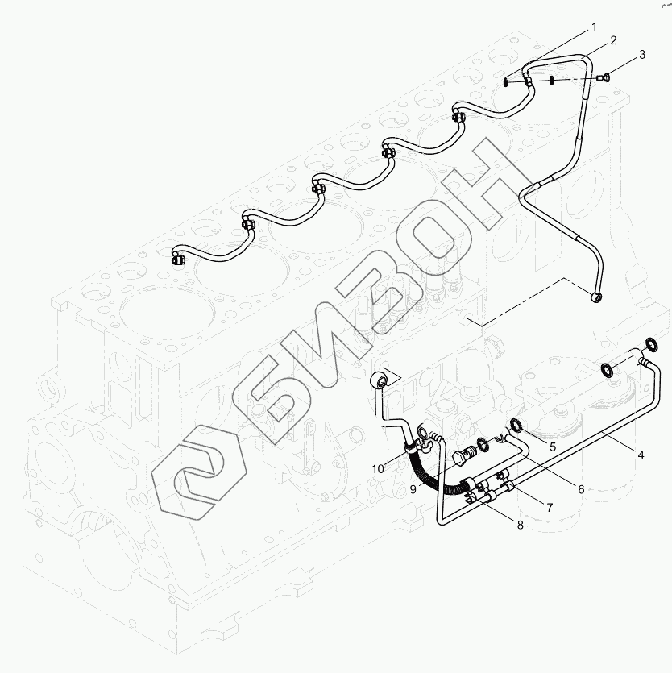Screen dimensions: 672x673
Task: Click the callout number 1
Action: pos(594,27)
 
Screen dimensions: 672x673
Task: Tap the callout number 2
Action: pos(613,39)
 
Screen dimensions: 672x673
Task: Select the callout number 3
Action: pos(642,55)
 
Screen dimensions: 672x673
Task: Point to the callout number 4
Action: pos(641,455)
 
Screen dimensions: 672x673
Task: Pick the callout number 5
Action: pos(553,446)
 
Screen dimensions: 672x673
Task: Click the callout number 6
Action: pos(579,488)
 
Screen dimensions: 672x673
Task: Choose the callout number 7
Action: pos(549,508)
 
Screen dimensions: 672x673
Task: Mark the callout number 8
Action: pos(520,525)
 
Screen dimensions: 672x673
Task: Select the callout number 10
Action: pos(378,469)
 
